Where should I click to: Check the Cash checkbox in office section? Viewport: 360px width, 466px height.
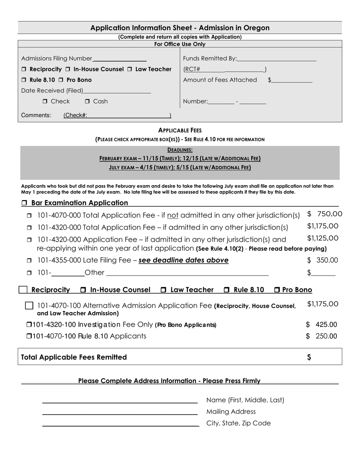point(87,102)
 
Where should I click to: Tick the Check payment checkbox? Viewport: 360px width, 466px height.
point(45,102)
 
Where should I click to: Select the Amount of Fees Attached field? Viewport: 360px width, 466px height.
point(292,81)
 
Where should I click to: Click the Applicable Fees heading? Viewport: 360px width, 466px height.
point(180,130)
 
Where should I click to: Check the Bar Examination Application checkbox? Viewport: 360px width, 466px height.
point(24,203)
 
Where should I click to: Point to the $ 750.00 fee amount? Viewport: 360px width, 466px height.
point(325,214)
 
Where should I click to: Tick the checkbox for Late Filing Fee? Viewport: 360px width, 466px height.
point(29,261)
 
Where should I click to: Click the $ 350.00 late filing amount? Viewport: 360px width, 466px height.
point(322,260)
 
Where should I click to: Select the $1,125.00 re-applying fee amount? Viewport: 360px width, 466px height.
point(322,238)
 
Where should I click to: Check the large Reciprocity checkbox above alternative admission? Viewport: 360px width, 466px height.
point(23,290)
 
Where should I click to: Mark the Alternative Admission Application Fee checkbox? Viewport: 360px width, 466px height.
point(29,305)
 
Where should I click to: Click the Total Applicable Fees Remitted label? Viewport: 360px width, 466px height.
point(74,357)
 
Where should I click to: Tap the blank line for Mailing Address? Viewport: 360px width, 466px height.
point(120,413)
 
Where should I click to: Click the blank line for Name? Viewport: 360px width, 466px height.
point(120,402)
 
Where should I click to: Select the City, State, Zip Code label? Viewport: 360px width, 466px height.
point(238,423)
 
